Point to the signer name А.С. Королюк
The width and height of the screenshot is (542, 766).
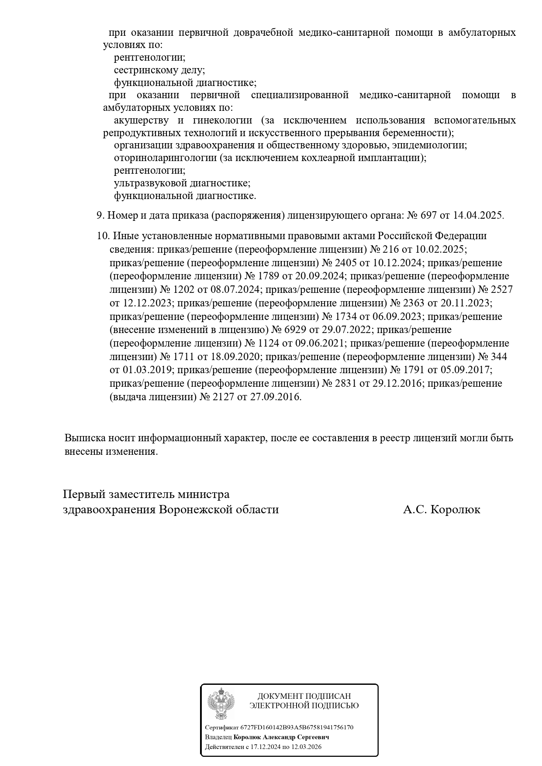click(x=442, y=509)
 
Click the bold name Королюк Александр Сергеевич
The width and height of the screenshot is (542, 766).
click(x=281, y=737)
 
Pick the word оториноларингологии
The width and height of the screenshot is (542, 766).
click(x=165, y=158)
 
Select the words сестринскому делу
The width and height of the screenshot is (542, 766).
click(x=159, y=70)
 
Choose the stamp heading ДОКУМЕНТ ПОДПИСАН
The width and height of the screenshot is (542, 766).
click(x=304, y=696)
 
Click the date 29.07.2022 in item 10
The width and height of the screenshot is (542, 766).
click(x=348, y=330)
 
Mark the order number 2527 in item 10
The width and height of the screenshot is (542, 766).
click(x=501, y=289)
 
